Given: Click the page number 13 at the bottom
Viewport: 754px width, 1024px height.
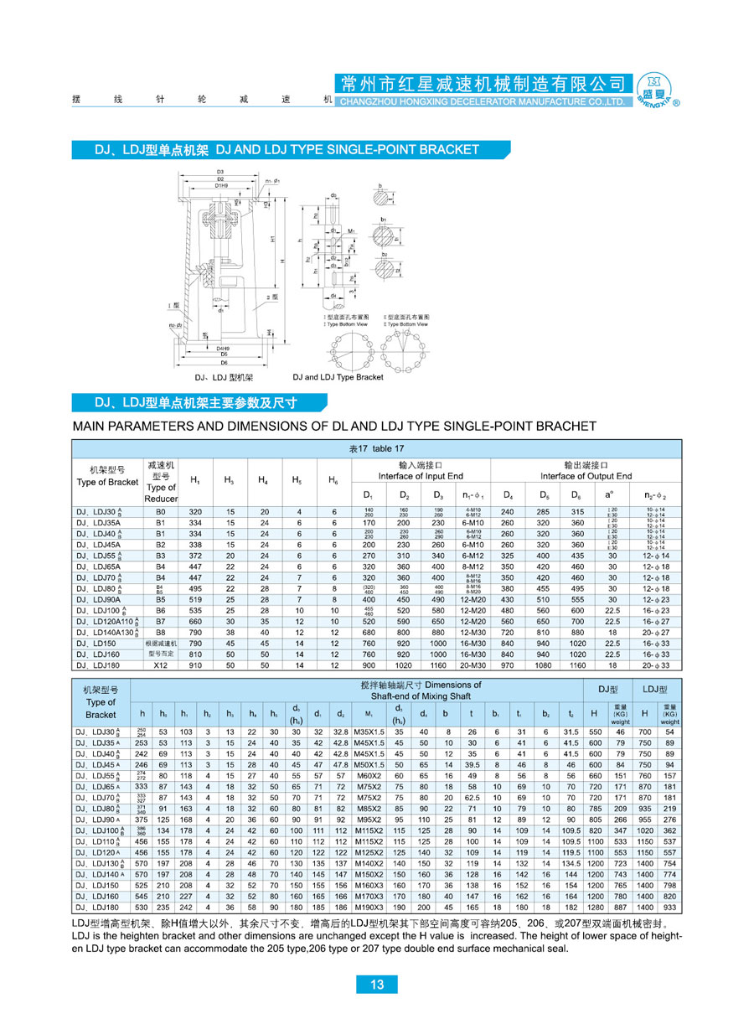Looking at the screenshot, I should pos(377,985).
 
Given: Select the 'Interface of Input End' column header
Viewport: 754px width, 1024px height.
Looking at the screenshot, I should pos(420,476).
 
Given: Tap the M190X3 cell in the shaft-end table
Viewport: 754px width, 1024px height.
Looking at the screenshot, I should pos(369,908).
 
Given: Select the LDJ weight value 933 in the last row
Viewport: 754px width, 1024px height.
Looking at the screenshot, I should pos(669,908).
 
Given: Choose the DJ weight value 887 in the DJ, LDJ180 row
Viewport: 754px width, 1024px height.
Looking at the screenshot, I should pos(620,908).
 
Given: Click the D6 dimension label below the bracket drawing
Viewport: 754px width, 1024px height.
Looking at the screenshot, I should pos(223,362).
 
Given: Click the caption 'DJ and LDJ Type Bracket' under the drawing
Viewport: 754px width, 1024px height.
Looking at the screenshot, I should pos(338,377).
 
